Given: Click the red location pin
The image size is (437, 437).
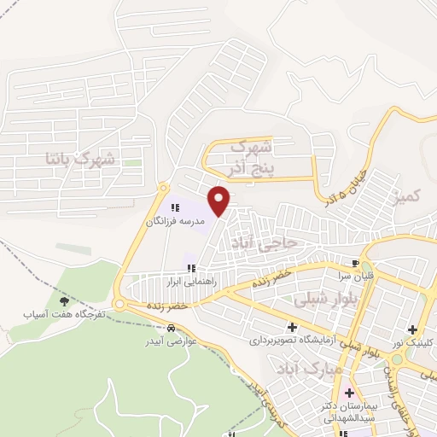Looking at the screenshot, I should click(x=219, y=201).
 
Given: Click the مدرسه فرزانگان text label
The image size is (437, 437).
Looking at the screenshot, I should click(x=176, y=221).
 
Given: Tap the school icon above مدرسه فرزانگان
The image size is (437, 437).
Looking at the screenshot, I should click(x=176, y=207).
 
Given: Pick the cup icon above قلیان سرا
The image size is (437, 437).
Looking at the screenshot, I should click(x=355, y=263).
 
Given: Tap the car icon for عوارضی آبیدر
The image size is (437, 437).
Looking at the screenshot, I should click(x=172, y=329).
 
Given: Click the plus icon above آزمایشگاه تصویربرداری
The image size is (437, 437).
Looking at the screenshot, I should click(x=292, y=326).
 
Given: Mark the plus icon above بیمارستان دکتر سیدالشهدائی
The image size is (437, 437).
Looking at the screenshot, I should click(x=348, y=393).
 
